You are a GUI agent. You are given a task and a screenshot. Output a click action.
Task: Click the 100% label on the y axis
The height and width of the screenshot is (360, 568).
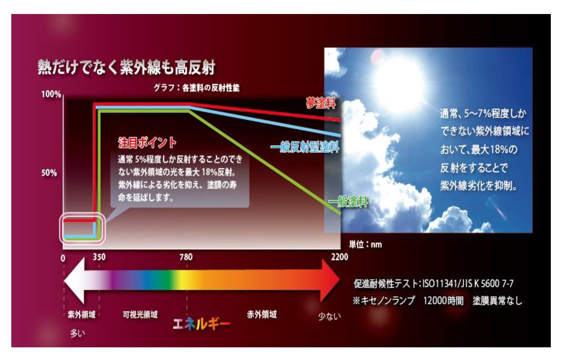[x=51, y=95]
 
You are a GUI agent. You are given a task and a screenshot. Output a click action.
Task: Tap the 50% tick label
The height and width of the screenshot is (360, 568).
[x=49, y=173]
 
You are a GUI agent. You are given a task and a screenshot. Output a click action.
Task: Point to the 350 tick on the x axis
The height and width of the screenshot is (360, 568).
[x=99, y=257]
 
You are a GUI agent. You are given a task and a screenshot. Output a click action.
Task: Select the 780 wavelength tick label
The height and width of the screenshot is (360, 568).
[x=186, y=257]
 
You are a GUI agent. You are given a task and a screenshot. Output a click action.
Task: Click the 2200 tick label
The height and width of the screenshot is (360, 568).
[x=339, y=257]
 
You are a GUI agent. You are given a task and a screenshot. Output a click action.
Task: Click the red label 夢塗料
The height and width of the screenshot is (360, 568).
[x=321, y=103]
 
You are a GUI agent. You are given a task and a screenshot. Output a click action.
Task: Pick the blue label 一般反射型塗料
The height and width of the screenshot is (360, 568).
[x=305, y=147]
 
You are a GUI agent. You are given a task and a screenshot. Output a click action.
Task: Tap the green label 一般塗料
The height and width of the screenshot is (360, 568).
[x=348, y=202]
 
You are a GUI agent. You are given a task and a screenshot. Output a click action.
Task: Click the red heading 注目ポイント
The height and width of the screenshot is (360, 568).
[x=147, y=142]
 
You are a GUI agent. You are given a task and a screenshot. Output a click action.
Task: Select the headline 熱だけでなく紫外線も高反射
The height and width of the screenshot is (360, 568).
[x=127, y=67]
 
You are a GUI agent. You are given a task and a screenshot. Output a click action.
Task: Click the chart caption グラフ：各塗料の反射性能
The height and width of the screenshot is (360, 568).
[x=197, y=88]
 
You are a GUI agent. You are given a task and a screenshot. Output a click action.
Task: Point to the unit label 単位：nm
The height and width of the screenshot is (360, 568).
[x=366, y=245]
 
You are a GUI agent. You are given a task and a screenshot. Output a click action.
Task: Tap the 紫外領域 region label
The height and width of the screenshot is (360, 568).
[x=82, y=315]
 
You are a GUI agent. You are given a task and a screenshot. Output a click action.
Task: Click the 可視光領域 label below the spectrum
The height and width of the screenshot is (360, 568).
[x=140, y=315]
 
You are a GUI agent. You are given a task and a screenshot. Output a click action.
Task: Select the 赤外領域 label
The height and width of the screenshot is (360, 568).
[x=262, y=315]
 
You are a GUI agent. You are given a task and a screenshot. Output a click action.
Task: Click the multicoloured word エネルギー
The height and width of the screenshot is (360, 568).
[x=202, y=324]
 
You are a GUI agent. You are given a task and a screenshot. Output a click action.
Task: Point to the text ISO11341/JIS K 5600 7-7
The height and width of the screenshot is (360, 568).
[x=468, y=284]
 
